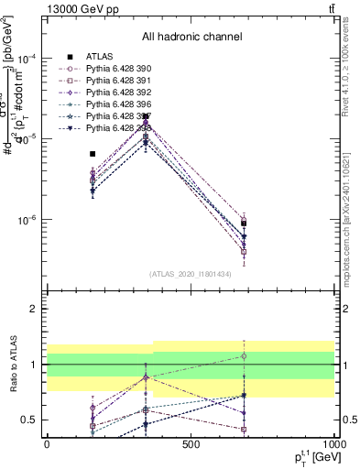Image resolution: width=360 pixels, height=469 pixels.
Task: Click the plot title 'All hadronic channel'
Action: coord(191,38)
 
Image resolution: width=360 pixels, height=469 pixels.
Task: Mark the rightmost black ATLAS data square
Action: coord(244,223)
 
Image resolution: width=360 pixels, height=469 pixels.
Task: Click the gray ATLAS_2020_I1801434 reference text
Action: coord(191,274)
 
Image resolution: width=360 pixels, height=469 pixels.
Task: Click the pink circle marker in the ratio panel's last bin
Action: coord(244,355)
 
